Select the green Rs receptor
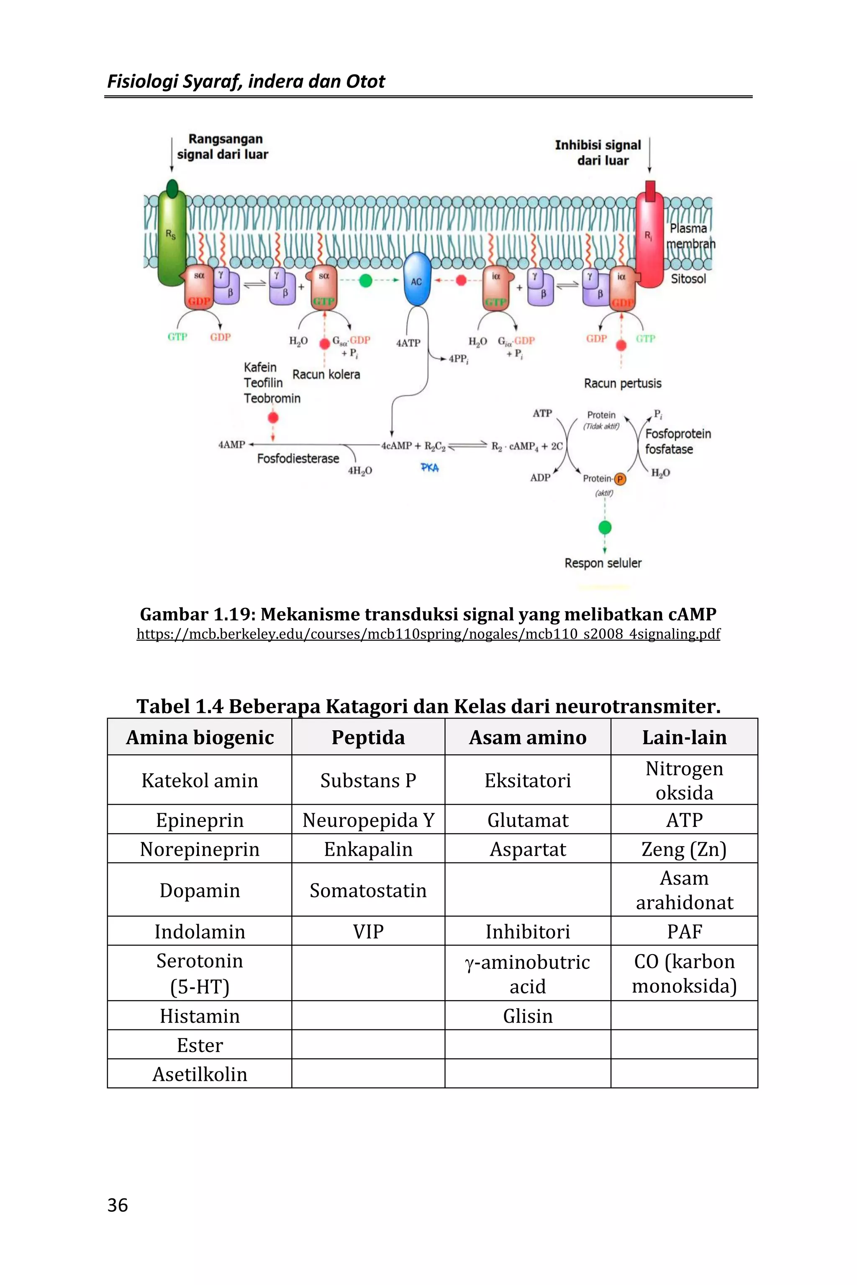pos(172,235)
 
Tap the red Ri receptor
pos(649,241)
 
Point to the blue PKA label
pos(430,468)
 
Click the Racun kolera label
pos(326,375)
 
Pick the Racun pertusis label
pos(623,384)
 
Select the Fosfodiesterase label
pos(298,459)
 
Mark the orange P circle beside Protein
pos(620,479)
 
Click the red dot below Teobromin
pos(273,418)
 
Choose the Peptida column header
pos(368,737)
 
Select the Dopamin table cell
pos(200,891)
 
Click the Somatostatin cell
pos(368,891)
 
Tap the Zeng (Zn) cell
pos(684,850)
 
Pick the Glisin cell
pos(527,1016)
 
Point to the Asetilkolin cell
pos(200,1074)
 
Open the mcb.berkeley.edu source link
pos(428,634)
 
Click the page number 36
pos(118,1205)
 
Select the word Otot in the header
pos(366,82)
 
